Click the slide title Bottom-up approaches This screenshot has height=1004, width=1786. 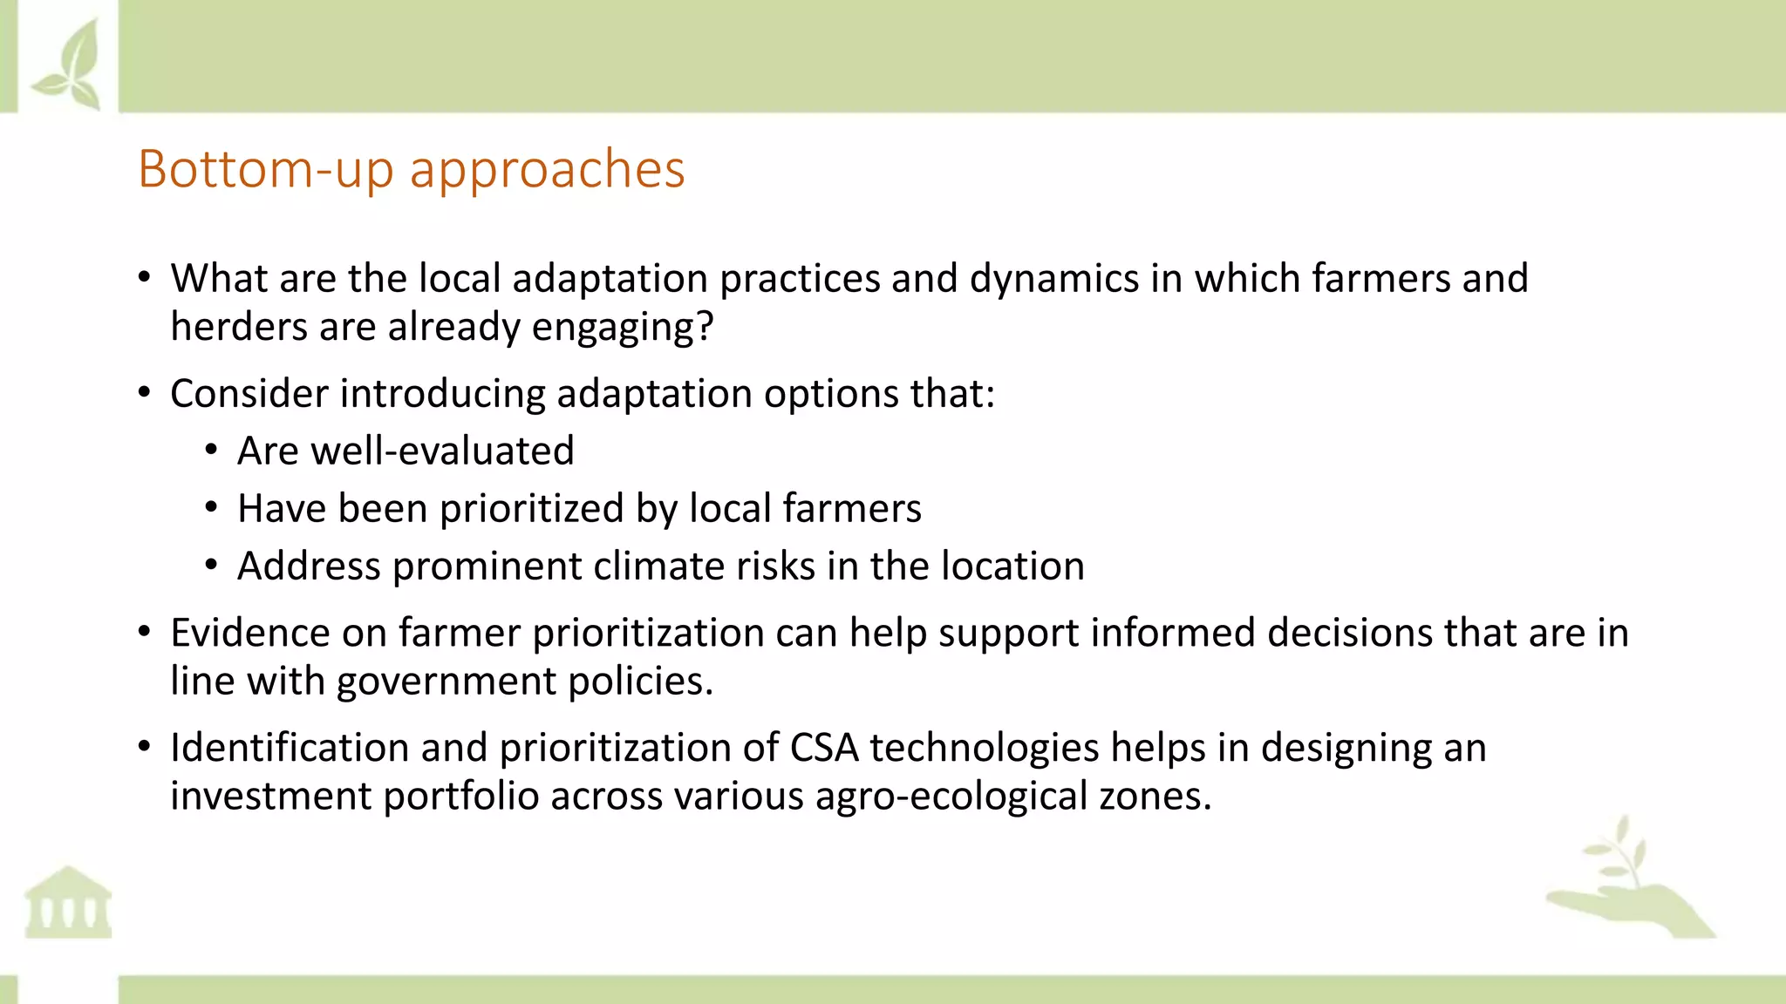tap(411, 169)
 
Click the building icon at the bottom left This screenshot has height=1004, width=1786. tap(68, 903)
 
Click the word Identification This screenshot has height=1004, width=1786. tap(290, 748)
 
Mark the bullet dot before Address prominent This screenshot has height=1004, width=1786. tap(211, 566)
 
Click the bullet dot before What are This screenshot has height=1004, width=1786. tap(145, 279)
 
